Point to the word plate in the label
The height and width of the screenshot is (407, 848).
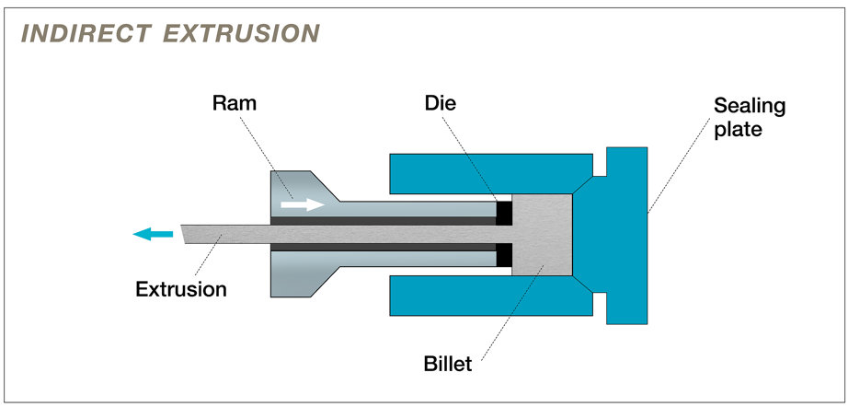[x=737, y=129]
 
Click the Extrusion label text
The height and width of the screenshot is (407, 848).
[x=180, y=289]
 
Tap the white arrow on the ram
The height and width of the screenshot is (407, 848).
[x=302, y=204]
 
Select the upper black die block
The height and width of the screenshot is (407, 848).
[x=503, y=213]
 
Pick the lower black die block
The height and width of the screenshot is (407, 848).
[x=503, y=255]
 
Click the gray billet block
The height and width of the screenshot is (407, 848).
[x=543, y=235]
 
